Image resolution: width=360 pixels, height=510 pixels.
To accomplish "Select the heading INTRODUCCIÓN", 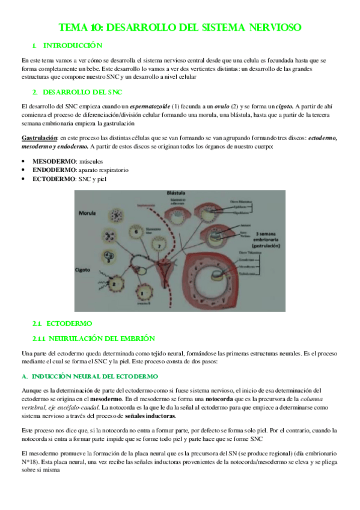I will (72, 46).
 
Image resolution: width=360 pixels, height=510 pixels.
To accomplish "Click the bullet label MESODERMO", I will (54, 162).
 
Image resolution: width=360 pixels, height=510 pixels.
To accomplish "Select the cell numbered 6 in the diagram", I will (137, 231).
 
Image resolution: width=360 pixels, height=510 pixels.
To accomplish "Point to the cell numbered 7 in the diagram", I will (160, 245).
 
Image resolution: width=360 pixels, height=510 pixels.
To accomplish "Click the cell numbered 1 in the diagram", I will (143, 293).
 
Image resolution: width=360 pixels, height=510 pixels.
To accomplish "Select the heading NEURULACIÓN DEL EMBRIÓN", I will (98, 339).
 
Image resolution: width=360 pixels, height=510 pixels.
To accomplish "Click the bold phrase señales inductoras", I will (154, 416).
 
